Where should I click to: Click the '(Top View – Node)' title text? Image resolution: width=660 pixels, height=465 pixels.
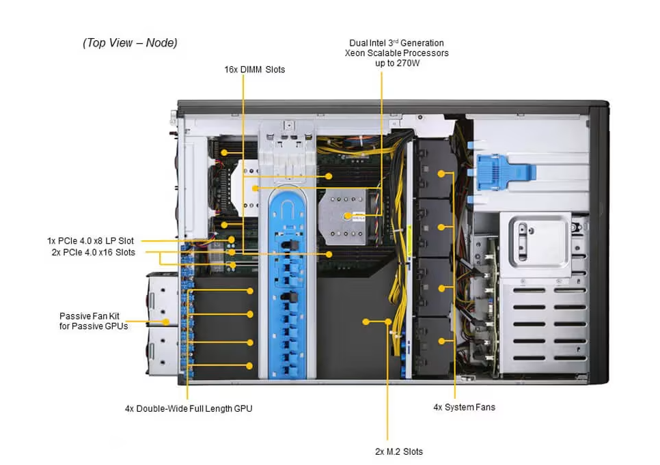point(130,43)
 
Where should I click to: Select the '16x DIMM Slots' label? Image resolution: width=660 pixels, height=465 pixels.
point(255,70)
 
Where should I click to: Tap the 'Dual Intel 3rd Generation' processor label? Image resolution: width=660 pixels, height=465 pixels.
point(396,43)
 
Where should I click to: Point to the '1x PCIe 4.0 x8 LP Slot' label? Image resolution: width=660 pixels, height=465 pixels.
point(91,241)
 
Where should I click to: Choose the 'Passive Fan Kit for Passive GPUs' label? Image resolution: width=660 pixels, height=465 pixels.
point(94,321)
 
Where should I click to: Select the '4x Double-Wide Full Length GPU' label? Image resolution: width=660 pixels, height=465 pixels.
point(189,408)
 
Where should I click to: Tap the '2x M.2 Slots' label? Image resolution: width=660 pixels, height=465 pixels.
point(399,451)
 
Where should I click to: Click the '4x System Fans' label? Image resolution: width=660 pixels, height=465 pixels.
point(464,407)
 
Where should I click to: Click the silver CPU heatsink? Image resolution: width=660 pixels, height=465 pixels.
point(348,214)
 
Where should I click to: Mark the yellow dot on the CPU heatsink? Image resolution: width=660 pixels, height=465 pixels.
point(348,215)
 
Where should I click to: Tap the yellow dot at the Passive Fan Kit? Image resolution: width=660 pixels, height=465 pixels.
point(165,321)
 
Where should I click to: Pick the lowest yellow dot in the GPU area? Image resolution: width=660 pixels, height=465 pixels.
point(250,367)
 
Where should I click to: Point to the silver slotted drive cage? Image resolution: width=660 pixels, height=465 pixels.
point(544,321)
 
